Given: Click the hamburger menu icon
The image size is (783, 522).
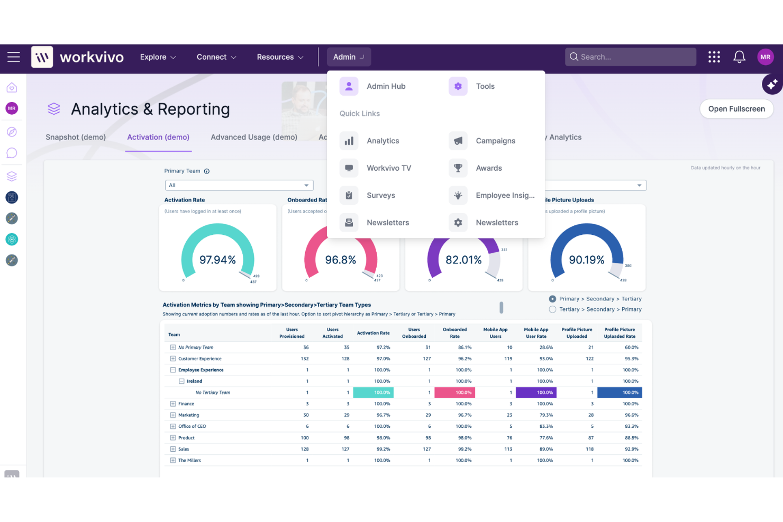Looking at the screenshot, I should coord(14,57).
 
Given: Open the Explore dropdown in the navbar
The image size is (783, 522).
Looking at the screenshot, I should coord(158,57).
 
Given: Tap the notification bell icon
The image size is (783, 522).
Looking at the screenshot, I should coord(739,57).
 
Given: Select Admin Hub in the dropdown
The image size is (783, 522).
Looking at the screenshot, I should coord(386,86).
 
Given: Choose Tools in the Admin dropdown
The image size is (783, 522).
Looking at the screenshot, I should coord(485,86).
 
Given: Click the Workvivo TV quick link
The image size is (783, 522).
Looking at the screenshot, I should coord(388,168).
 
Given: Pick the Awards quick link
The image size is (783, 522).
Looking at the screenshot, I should coord(488,168).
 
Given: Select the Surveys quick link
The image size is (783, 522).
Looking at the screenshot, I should coord(380,195).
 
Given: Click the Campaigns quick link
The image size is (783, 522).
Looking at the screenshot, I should coord(495,141).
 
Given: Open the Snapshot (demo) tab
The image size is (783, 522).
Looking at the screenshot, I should coord(76,137).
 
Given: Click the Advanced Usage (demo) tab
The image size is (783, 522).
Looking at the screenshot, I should coord(254,137).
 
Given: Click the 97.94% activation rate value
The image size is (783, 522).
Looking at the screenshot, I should coord(217,260).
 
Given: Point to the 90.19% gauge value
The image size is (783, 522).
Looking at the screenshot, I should coord(586,260).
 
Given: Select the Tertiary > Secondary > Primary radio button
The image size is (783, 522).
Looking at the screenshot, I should coord(552,309).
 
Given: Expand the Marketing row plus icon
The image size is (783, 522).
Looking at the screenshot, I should coord(173,415).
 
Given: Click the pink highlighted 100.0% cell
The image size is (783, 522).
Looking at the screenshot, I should coord(454,392).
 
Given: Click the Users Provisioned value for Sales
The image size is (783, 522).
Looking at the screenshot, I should coord(305,449).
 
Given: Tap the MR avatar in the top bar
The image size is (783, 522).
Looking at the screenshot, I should coord(765,57).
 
